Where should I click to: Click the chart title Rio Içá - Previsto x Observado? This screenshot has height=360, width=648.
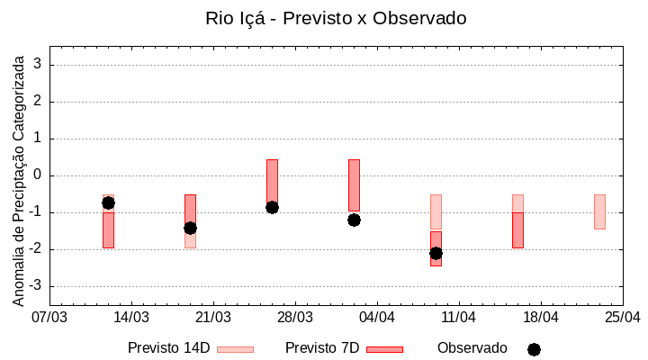coord(336,18)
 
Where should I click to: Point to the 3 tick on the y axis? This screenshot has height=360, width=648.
coord(39,65)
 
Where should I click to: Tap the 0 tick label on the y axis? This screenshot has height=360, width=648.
coord(39,175)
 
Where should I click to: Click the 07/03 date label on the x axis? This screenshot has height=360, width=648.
coord(49,317)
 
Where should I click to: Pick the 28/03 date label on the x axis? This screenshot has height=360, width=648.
coord(295,317)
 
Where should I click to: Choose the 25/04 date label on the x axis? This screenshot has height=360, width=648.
coord(623,317)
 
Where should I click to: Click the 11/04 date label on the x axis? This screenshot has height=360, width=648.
coord(459,317)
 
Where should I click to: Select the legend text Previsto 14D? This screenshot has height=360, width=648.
coord(168,348)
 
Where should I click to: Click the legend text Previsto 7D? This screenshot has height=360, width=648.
coord(322,348)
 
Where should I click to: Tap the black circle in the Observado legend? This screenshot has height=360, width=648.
coord(534,349)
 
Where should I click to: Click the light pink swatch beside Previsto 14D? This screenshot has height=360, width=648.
coord(236,349)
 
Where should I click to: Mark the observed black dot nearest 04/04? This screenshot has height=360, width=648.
coord(354,220)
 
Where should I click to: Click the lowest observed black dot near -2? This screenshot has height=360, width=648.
coord(436,253)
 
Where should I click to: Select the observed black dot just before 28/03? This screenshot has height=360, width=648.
coord(272,207)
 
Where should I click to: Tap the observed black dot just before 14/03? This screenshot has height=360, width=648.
coord(108,202)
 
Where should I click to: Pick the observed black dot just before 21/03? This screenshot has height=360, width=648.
coord(190,228)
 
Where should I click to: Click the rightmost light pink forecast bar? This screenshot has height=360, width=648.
coord(599,211)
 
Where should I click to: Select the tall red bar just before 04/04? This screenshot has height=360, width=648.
coord(354,185)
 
